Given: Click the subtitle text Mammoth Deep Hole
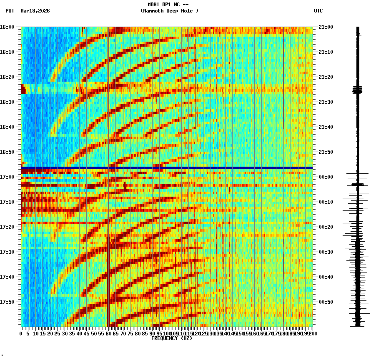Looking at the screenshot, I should [x=169, y=11].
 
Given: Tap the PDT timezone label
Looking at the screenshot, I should [x=10, y=11].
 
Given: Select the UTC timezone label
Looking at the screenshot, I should [x=318, y=11].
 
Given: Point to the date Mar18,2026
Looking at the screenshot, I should [x=35, y=11].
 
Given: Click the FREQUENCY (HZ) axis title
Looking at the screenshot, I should [x=171, y=338].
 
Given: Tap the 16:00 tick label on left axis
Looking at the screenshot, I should [x=8, y=27].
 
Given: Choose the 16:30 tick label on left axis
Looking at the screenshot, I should [x=8, y=102].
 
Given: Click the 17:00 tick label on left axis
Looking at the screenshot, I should [x=8, y=177].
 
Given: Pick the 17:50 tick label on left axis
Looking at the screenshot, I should [x=8, y=302].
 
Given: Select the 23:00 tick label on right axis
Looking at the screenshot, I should [x=326, y=27].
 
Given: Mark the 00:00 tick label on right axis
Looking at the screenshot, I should [x=326, y=177].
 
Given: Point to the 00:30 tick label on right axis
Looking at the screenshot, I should [x=326, y=252].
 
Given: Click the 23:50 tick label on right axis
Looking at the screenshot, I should [x=326, y=152].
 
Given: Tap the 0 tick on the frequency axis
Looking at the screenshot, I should [x=21, y=334].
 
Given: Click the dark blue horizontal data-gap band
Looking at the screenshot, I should [x=167, y=168].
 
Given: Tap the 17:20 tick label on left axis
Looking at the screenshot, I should [x=8, y=227].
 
